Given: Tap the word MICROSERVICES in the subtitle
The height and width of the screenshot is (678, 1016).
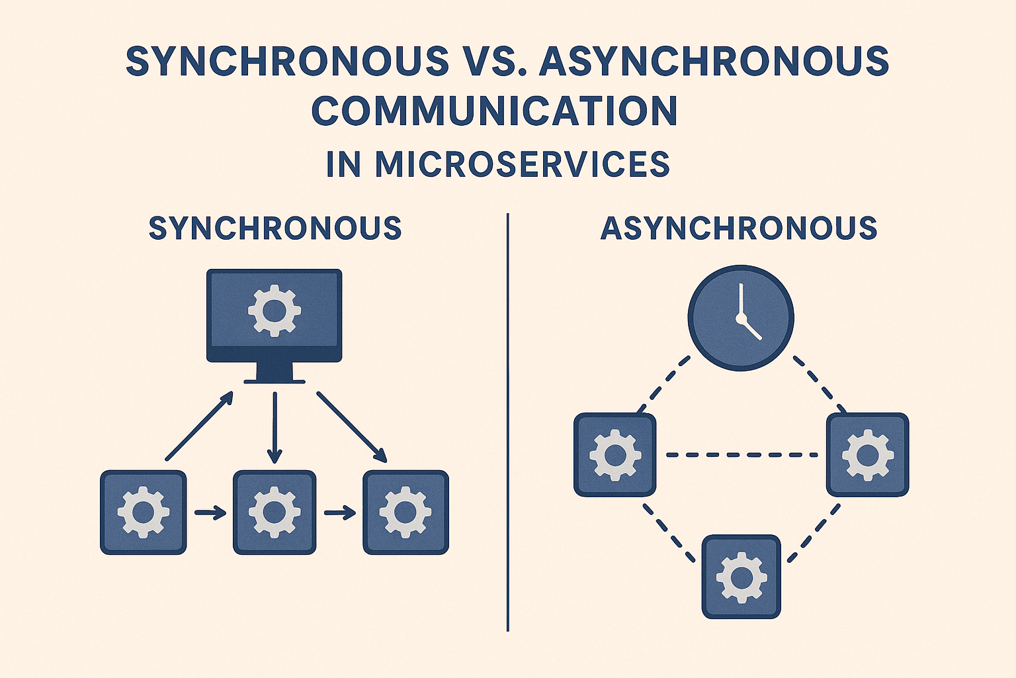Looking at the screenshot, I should (x=523, y=164).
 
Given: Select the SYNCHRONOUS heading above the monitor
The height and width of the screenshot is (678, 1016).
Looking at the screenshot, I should (x=275, y=228).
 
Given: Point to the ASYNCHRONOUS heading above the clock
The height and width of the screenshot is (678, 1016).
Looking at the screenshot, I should (x=739, y=228).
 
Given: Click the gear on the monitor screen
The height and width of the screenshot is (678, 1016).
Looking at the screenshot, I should (x=274, y=309).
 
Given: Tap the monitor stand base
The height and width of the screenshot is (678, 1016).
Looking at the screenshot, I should (x=275, y=381).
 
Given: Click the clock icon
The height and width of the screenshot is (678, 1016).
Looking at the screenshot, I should (x=741, y=318).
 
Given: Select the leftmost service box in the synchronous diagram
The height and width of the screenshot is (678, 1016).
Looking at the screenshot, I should (x=144, y=512).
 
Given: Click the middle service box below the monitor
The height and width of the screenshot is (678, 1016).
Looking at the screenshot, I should (x=275, y=512).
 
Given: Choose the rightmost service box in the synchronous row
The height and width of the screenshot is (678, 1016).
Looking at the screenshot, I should (x=405, y=512).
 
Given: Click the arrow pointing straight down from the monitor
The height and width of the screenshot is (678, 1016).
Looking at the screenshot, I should (x=275, y=427).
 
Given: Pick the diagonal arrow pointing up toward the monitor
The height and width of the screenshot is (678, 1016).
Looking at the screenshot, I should (x=198, y=426).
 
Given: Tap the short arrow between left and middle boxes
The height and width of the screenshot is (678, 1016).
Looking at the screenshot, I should (x=210, y=512).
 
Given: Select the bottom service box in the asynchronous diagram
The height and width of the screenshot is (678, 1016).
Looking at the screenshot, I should (x=741, y=577).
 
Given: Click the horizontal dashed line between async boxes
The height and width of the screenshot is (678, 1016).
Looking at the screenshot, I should (x=741, y=455).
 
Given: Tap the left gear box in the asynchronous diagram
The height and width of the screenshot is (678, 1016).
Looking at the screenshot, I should (x=615, y=455).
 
